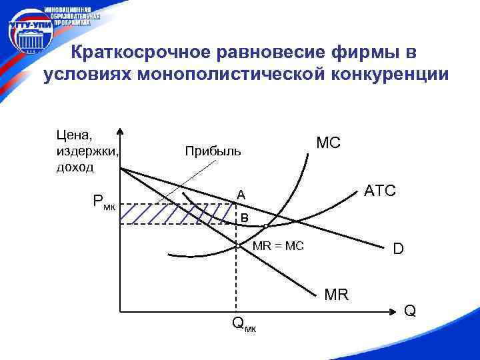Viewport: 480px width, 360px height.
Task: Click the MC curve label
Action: pyautogui.click(x=327, y=143)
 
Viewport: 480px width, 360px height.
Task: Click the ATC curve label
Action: pyautogui.click(x=380, y=191)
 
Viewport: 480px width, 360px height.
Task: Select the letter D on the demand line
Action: pyautogui.click(x=398, y=249)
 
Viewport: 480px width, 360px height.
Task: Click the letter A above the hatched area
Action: pyautogui.click(x=241, y=195)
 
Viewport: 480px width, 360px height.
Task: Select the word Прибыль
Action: pyautogui.click(x=213, y=152)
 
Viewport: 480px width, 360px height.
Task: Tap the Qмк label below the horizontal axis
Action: pyautogui.click(x=243, y=325)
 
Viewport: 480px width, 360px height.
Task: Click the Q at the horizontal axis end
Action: pyautogui.click(x=410, y=310)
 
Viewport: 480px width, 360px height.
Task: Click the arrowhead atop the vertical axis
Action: pyautogui.click(x=120, y=131)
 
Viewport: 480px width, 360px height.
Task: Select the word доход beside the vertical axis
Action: pyautogui.click(x=75, y=166)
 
